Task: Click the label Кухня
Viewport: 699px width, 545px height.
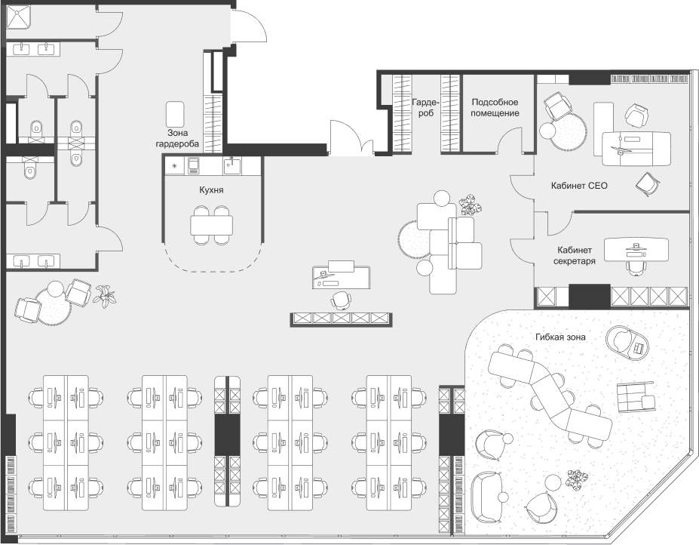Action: click(211, 190)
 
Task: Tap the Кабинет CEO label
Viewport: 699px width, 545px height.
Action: click(579, 186)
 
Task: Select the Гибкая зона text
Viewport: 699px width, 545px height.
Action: click(560, 337)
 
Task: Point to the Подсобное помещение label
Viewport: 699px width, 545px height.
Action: click(495, 108)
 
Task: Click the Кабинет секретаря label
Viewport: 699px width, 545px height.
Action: click(574, 256)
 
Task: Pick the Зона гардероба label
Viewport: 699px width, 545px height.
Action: click(177, 138)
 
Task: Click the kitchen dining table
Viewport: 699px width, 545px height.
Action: click(212, 226)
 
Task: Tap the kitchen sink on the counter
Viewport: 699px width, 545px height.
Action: click(231, 166)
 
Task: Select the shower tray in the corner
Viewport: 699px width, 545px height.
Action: click(18, 17)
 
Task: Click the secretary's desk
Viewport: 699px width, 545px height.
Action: click(636, 251)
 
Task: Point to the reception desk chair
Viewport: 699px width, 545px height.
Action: click(341, 300)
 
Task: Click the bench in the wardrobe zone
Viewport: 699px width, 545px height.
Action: click(175, 114)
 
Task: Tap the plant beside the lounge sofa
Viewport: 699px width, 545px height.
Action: click(471, 205)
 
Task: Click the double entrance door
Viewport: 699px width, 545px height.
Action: click(351, 138)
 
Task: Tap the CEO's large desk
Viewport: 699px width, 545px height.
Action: click(636, 149)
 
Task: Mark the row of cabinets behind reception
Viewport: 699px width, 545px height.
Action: click(342, 319)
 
